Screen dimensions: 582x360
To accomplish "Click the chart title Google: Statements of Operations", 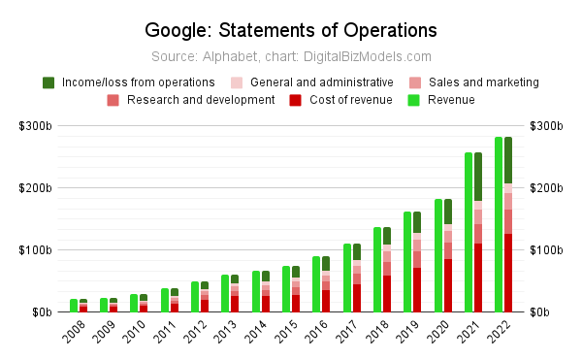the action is click(x=291, y=30).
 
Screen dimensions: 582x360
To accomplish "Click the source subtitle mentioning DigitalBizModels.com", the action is click(x=291, y=57).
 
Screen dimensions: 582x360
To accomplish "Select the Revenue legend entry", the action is click(x=441, y=100).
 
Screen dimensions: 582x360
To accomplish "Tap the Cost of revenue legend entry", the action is click(x=340, y=100).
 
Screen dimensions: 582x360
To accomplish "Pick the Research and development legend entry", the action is click(x=191, y=100).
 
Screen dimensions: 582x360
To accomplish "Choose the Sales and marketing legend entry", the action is click(x=474, y=82).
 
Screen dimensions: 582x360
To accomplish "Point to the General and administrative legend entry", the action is click(x=311, y=82).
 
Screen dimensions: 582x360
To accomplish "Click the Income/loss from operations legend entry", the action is click(x=129, y=82).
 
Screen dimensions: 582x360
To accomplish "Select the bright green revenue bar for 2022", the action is click(x=499, y=224).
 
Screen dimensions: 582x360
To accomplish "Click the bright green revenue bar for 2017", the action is click(x=347, y=278).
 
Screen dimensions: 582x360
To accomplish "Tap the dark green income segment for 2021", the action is click(x=478, y=177).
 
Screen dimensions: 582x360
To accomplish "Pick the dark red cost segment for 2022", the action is click(x=508, y=273).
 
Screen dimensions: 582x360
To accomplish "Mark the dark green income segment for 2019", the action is click(x=417, y=222).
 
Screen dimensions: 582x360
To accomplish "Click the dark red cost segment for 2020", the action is click(x=448, y=285).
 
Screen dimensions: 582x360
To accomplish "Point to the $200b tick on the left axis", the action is click(x=35, y=188).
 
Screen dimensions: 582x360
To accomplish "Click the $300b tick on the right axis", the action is click(x=546, y=126).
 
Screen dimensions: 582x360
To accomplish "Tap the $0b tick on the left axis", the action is click(x=42, y=312).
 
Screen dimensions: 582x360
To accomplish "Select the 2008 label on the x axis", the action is click(x=74, y=332).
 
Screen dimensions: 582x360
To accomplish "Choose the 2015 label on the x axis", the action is click(x=286, y=332).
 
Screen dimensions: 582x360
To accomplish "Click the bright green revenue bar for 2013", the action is click(x=225, y=294).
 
